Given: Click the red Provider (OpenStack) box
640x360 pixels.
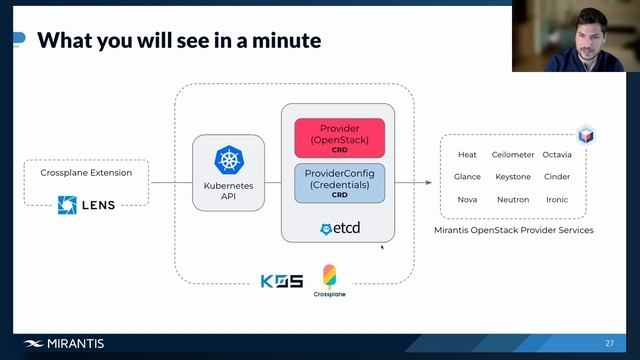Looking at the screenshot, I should click(338, 138).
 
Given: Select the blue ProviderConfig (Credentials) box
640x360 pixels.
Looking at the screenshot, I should click(338, 184).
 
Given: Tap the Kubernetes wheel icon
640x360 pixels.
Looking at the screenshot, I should click(228, 160).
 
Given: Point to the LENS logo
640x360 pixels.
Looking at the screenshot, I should click(86, 205).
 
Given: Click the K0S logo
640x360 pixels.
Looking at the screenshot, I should click(281, 281).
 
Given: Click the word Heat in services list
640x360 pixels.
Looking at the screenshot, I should click(467, 155).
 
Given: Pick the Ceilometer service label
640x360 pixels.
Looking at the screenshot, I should click(513, 155).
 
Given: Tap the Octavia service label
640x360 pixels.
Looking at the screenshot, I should click(557, 155).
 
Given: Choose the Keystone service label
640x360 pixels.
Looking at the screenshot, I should click(513, 177).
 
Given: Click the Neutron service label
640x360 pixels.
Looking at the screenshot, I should click(513, 199).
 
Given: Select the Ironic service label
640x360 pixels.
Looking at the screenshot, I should click(557, 199).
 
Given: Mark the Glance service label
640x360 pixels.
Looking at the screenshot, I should click(467, 177).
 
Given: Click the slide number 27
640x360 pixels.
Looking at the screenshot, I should click(609, 344).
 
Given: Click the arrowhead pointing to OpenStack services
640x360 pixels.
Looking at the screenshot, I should click(428, 183).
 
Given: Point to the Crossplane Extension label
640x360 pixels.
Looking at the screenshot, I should click(86, 172).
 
